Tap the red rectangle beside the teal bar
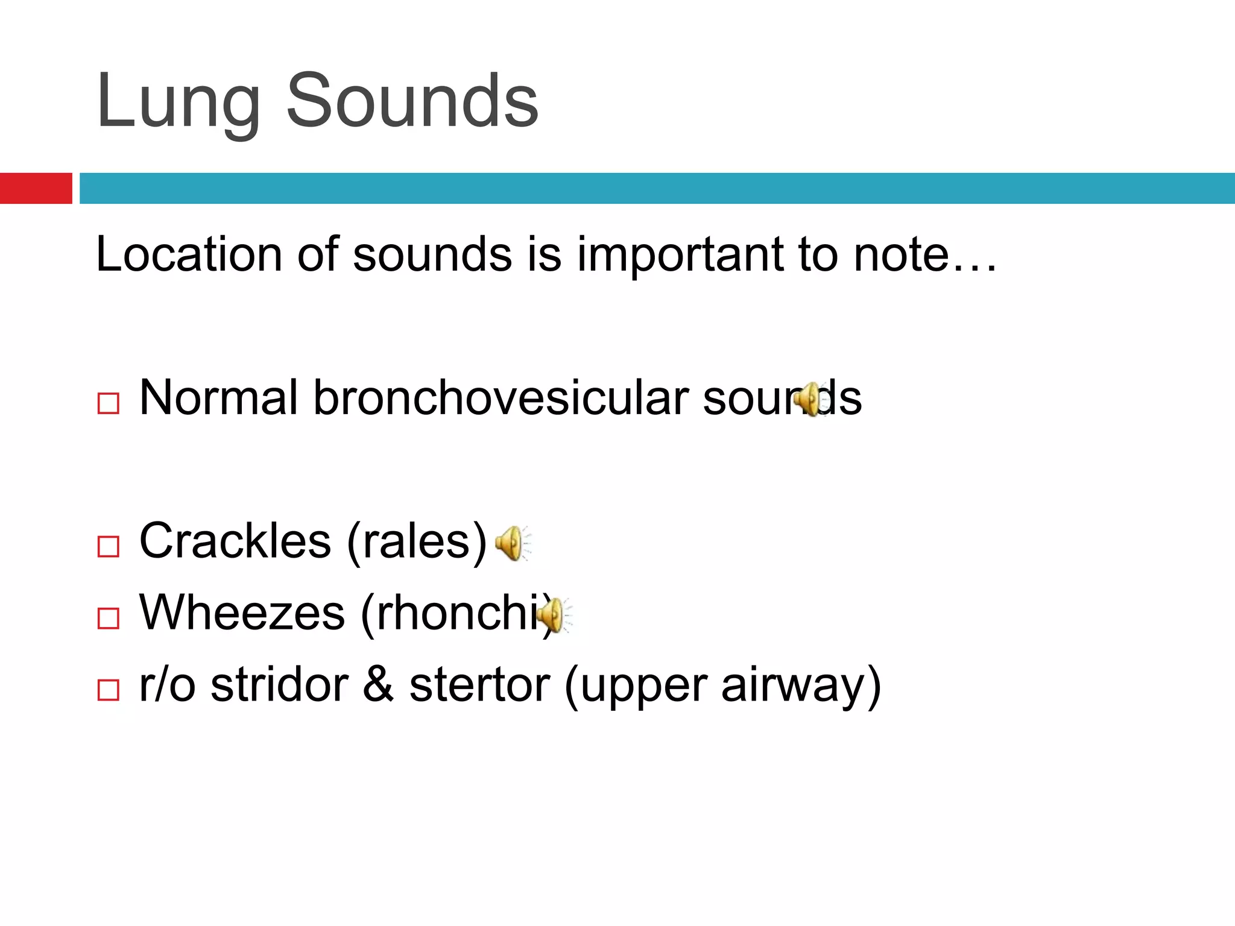click(x=36, y=188)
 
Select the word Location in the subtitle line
click(x=189, y=254)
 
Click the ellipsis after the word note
click(x=974, y=265)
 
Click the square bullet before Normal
click(x=109, y=403)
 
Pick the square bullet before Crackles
click(x=109, y=546)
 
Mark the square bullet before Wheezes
click(x=109, y=618)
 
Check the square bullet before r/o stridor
click(x=109, y=690)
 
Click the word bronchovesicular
click(x=501, y=398)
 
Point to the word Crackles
click(x=235, y=541)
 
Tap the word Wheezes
click(x=242, y=613)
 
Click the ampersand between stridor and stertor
click(x=378, y=685)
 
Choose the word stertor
click(x=479, y=685)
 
